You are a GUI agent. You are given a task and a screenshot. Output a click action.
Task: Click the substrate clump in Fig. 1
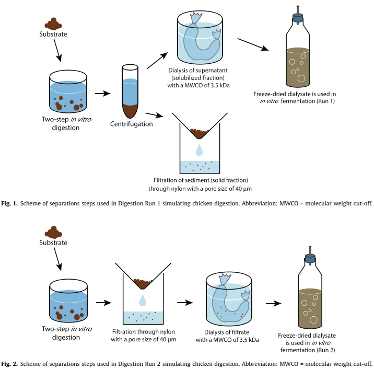53,24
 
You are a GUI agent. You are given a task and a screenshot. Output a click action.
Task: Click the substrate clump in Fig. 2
53,232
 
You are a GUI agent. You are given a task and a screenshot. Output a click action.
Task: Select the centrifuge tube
130,91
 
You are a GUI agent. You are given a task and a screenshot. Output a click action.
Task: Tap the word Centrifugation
132,124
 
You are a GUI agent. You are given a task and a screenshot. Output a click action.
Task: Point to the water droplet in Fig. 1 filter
198,151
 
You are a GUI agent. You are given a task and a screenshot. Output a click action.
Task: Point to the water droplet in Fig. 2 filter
142,300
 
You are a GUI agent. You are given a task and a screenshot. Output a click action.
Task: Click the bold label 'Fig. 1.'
10,203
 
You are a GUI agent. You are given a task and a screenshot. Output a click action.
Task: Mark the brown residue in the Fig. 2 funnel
142,283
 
